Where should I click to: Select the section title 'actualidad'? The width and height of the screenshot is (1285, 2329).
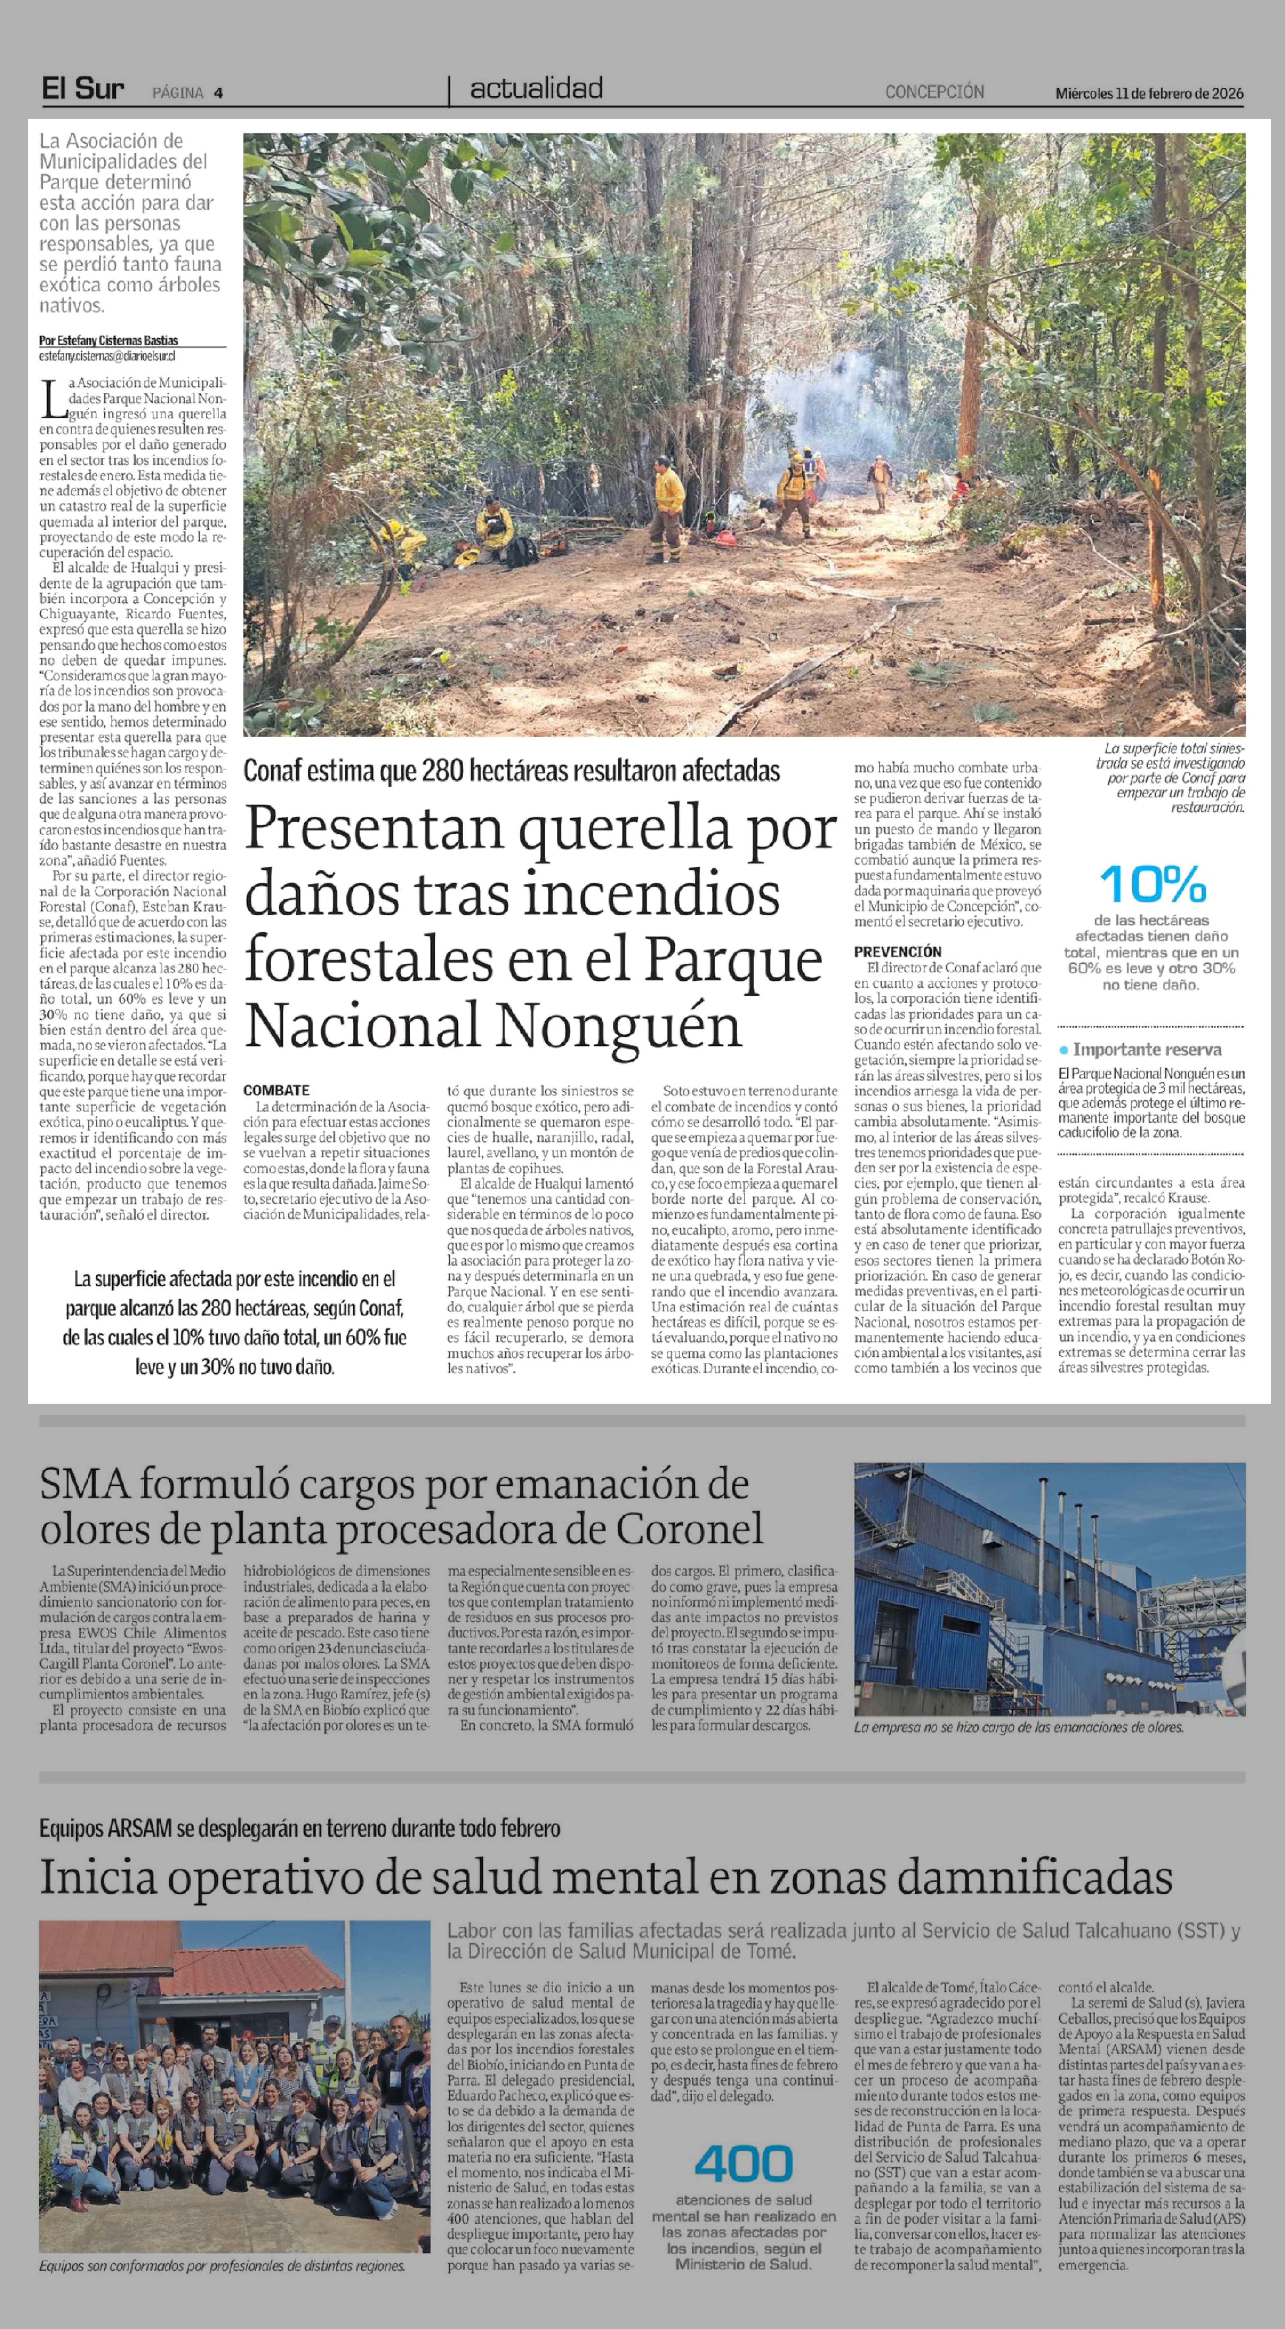click(x=536, y=89)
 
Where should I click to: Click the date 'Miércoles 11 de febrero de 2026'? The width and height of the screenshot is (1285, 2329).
click(x=1149, y=93)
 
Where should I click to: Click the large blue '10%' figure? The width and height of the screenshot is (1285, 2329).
click(x=1152, y=883)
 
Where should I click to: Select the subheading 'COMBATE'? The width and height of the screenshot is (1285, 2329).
click(x=277, y=1090)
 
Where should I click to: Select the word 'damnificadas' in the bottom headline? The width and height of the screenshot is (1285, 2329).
click(x=1035, y=1876)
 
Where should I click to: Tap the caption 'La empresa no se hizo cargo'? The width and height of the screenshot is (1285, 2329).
click(x=1018, y=1727)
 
